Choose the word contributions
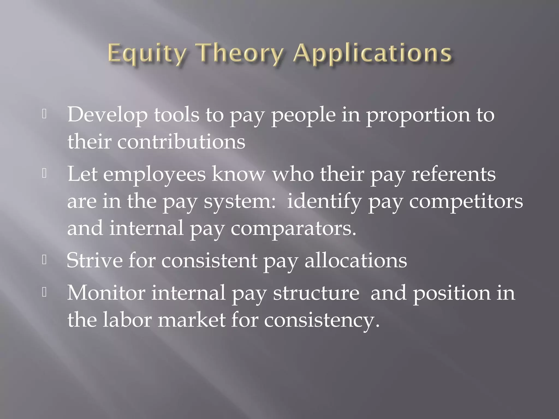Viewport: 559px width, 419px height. click(x=181, y=142)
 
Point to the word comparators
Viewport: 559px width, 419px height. click(x=293, y=228)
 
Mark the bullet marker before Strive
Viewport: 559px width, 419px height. click(x=44, y=260)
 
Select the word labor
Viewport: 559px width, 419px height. click(x=127, y=319)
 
